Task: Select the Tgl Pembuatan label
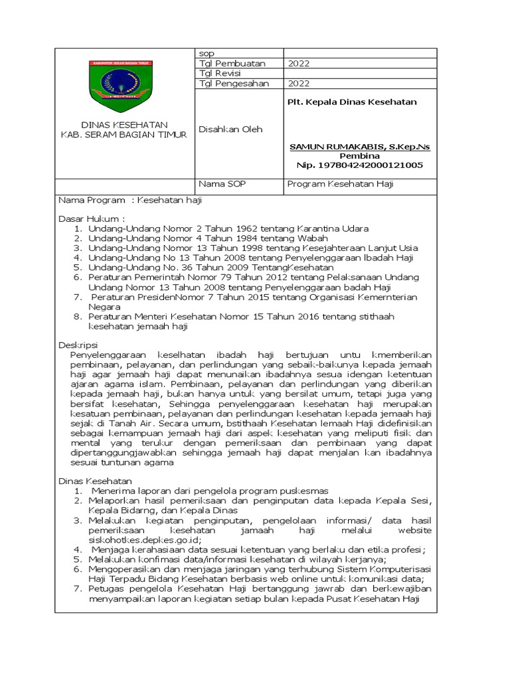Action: coord(232,64)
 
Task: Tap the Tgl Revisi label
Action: coord(220,74)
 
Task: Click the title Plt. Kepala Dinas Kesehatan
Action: coord(351,102)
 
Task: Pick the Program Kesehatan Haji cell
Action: coord(340,185)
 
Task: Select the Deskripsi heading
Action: coord(78,345)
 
